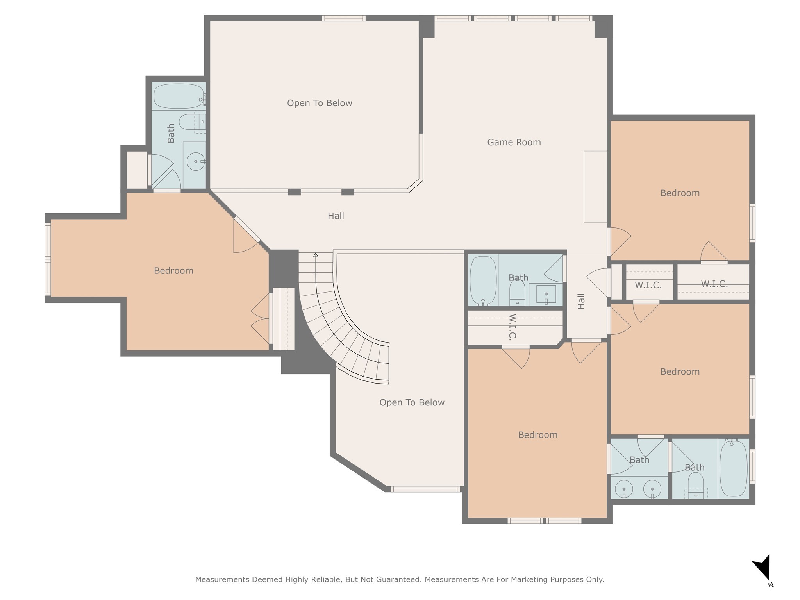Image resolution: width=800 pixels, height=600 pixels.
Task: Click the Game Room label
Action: click(x=514, y=142)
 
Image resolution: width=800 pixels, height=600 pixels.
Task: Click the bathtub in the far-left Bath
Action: click(x=179, y=96)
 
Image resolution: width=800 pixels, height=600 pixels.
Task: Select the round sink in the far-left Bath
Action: click(x=195, y=161)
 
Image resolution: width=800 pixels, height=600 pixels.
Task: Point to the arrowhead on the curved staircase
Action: click(x=316, y=255)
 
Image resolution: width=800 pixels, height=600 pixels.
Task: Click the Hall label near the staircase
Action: click(x=336, y=216)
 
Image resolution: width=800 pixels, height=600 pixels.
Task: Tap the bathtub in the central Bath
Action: click(x=483, y=281)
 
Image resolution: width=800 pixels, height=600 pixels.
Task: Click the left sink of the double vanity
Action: click(x=624, y=489)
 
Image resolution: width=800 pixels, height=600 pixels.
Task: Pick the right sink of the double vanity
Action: click(x=652, y=489)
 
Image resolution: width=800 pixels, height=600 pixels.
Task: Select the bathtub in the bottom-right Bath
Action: click(x=733, y=468)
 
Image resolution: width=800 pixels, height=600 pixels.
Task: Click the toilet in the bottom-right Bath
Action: click(x=695, y=486)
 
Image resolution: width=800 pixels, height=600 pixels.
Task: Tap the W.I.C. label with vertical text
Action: click(x=512, y=327)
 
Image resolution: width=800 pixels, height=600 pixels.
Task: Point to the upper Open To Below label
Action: click(x=320, y=103)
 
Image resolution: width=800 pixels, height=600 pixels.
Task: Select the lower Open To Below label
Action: click(x=412, y=403)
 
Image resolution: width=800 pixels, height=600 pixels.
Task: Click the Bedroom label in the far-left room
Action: click(x=173, y=271)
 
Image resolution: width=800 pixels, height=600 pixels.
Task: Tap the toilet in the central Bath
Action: click(x=517, y=293)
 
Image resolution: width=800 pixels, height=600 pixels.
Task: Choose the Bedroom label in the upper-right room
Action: click(x=680, y=193)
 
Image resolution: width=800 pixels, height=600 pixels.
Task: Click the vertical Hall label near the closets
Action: click(x=581, y=301)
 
